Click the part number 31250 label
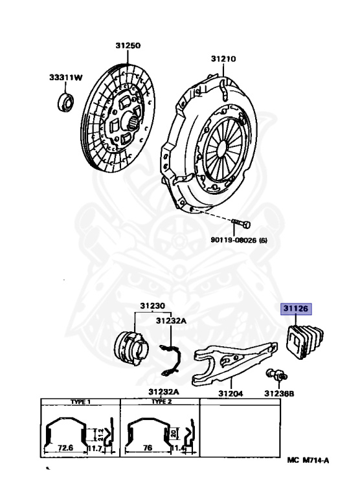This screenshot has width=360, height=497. [x=128, y=45]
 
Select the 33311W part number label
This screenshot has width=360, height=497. [x=65, y=78]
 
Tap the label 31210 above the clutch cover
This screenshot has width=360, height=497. [x=223, y=59]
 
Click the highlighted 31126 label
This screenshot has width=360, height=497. [x=296, y=309]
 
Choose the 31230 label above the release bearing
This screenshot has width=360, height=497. [x=153, y=306]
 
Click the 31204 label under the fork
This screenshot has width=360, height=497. [x=231, y=393]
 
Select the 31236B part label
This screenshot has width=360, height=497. [x=279, y=393]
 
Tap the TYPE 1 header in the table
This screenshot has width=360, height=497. [x=80, y=402]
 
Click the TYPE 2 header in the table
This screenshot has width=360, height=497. [x=161, y=402]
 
